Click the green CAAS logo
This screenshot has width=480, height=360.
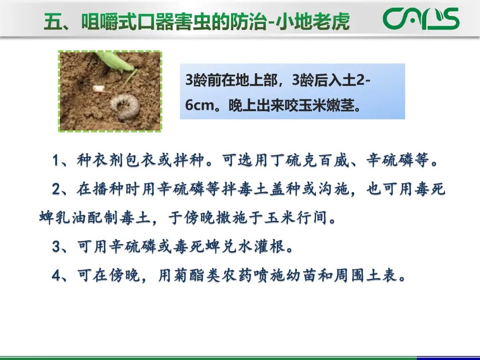421,19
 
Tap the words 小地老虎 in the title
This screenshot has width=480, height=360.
312,21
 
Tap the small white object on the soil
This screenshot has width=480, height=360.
98,88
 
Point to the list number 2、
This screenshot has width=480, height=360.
62,189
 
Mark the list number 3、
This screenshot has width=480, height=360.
62,247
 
